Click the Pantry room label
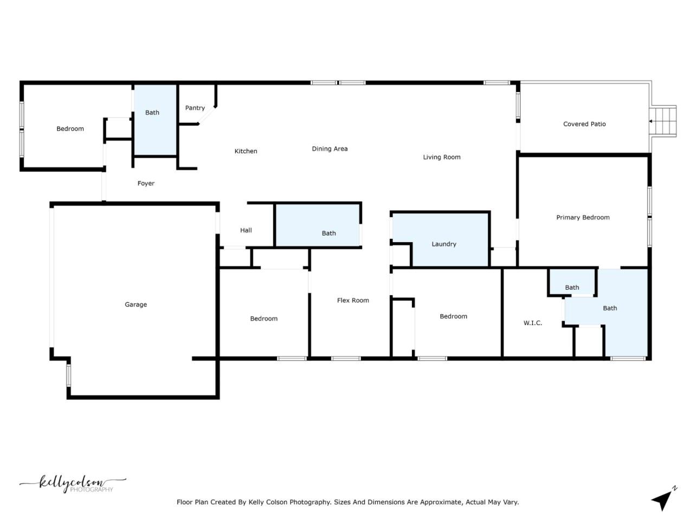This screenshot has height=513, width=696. tap(195, 108)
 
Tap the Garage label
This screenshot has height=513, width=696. tap(136, 304)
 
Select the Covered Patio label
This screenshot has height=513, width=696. tap(584, 124)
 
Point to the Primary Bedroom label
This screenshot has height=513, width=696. tap(583, 217)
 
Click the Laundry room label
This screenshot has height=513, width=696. tap(443, 244)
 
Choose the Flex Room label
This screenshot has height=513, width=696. tap(353, 300)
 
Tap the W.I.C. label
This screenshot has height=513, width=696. tap(532, 323)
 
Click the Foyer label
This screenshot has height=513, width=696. tap(146, 184)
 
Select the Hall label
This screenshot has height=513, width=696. tap(246, 230)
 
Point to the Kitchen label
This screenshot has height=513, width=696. tap(246, 151)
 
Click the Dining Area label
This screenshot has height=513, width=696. tap(330, 148)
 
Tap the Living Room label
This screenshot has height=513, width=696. tap(442, 157)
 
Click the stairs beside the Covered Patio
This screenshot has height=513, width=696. tap(664, 121)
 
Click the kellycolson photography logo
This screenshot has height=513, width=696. tap(73, 484)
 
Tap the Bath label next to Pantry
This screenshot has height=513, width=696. tap(152, 113)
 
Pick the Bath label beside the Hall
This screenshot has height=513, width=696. tap(328, 233)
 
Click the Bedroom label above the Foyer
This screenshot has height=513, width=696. tap(70, 128)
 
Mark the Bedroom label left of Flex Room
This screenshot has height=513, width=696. tap(263, 319)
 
